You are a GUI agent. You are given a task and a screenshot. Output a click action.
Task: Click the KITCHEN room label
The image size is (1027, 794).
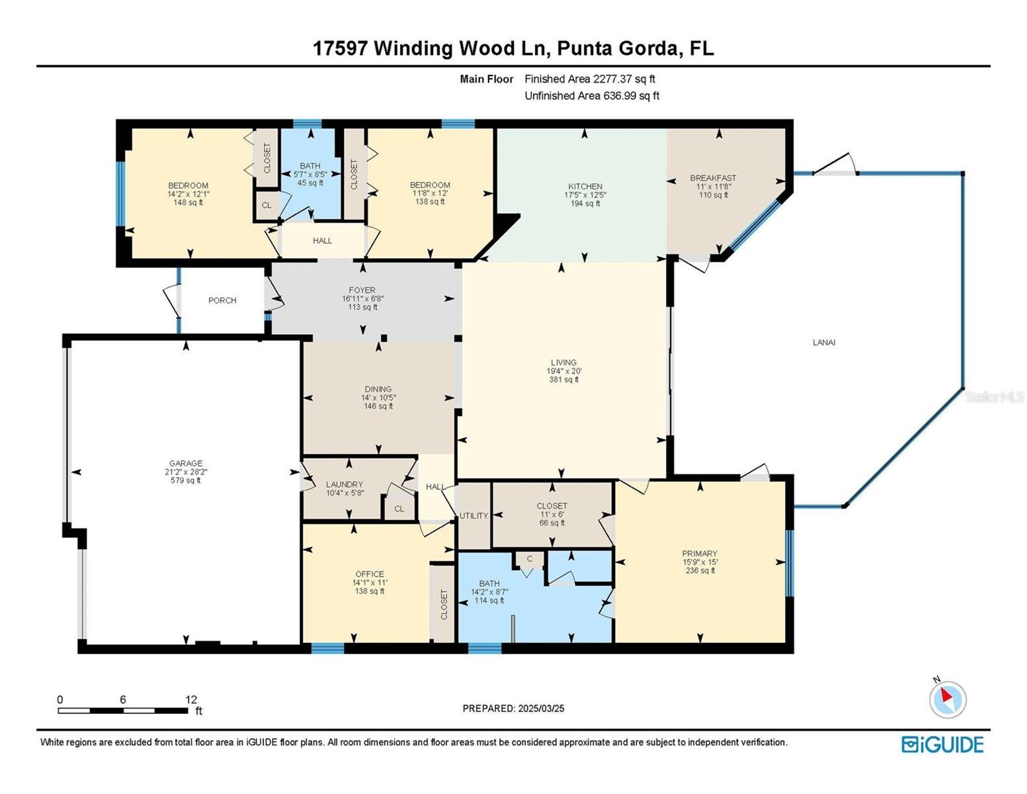click(x=585, y=187)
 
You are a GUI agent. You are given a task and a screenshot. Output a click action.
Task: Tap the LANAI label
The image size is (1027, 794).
click(x=823, y=342)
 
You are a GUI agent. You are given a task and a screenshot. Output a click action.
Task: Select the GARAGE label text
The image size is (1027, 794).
click(x=186, y=463)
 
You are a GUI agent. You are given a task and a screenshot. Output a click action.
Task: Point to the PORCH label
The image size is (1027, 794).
click(x=222, y=300)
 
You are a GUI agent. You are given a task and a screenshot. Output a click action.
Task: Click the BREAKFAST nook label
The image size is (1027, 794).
click(x=713, y=178)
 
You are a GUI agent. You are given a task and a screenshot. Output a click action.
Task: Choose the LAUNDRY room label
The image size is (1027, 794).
click(x=344, y=484)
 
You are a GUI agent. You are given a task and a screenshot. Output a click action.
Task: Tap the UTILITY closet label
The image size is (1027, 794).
click(x=473, y=515)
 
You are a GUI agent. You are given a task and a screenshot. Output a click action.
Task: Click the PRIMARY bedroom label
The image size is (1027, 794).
click(x=700, y=553)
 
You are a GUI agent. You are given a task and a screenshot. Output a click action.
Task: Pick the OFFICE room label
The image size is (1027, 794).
click(x=370, y=574)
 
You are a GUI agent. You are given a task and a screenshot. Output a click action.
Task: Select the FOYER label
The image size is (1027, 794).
click(x=362, y=290)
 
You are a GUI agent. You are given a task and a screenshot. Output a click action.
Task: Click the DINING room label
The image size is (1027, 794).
click(x=378, y=389)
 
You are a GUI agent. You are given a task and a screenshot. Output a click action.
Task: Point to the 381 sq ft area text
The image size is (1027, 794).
click(x=563, y=379)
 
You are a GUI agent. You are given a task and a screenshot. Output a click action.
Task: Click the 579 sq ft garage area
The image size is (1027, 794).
click(x=185, y=480)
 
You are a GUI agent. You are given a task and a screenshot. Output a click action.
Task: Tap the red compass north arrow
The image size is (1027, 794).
click(x=946, y=695)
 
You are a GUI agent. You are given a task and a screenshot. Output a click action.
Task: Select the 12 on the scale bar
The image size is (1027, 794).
click(x=191, y=699)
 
